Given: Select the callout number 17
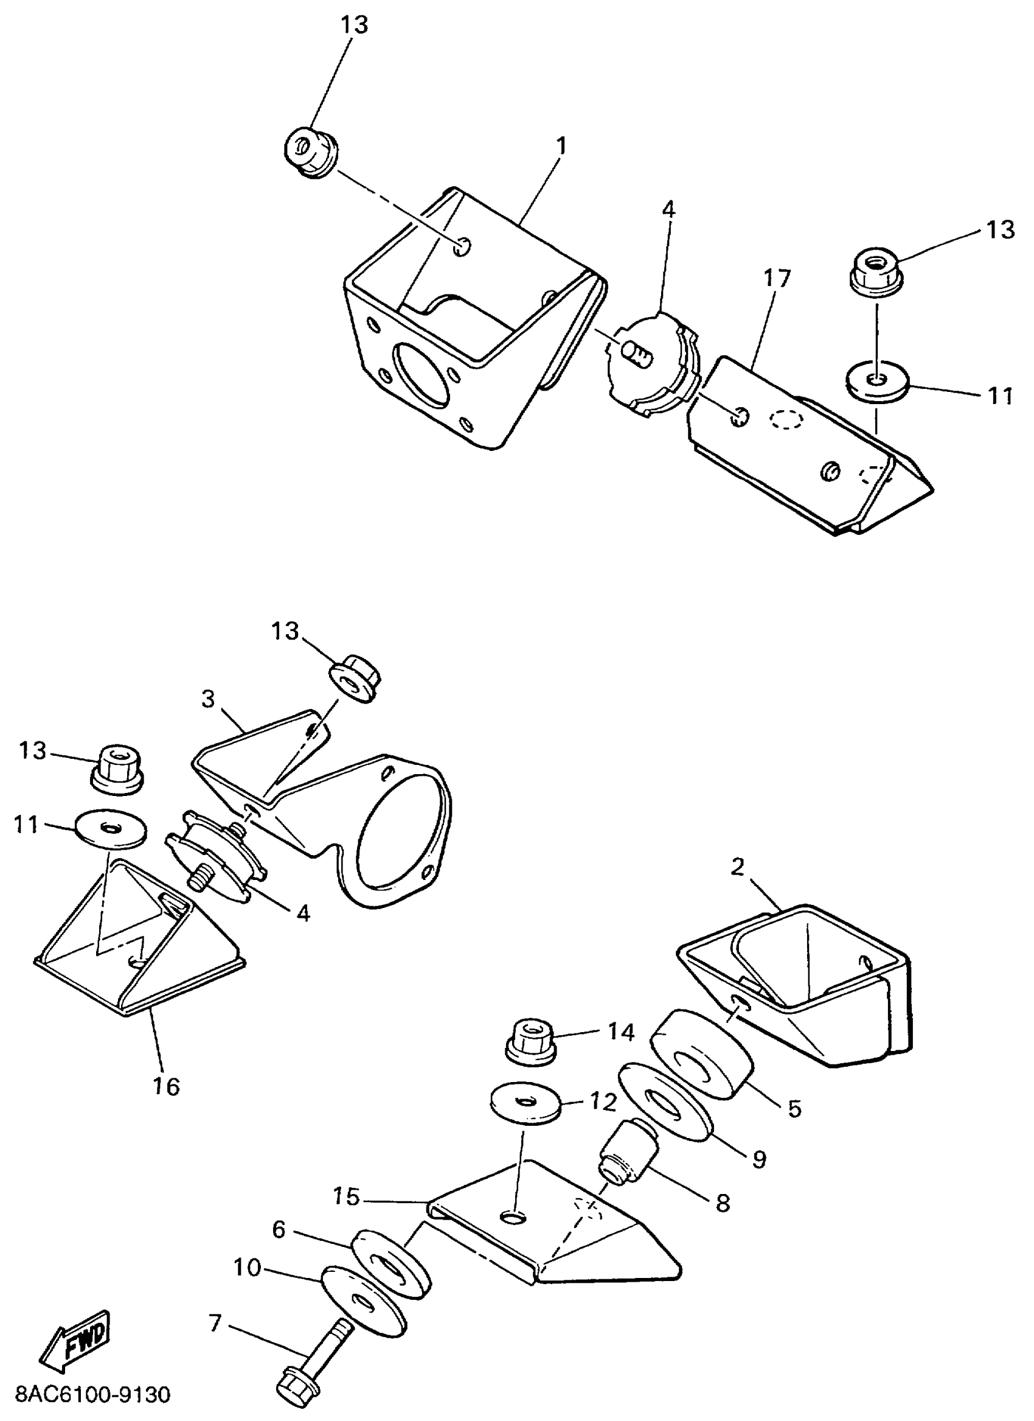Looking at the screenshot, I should [777, 279].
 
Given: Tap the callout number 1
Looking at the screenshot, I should [562, 146].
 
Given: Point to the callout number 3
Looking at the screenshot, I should [209, 699].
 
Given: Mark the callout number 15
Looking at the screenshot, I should [347, 1196].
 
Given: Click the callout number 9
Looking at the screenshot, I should [759, 1159].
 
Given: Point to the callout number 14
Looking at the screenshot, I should [621, 1032].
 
